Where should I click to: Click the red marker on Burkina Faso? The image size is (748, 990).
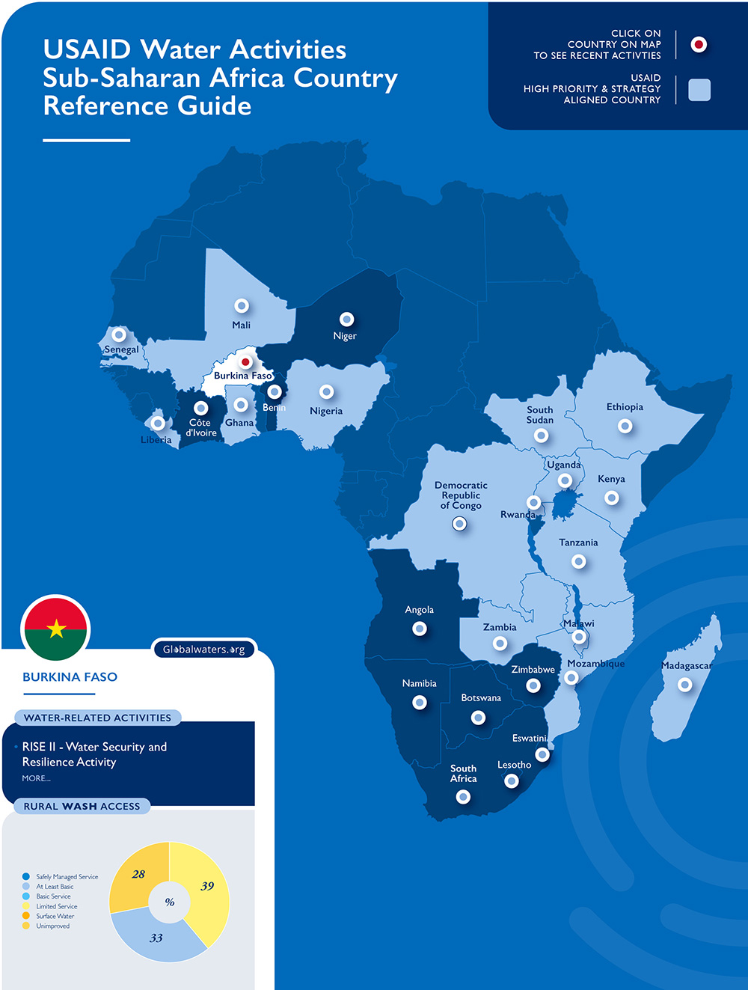point(245,362)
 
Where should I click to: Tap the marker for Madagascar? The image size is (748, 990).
point(684,685)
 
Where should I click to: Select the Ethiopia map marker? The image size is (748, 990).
point(625,426)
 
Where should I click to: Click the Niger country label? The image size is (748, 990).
point(345,336)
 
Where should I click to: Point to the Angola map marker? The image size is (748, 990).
point(420,629)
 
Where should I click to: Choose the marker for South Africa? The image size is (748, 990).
point(463,797)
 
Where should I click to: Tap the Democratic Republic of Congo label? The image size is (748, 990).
point(461,495)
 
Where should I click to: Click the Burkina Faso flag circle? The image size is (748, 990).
point(56,629)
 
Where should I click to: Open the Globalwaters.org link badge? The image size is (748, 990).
point(204,650)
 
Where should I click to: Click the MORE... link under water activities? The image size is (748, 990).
point(36,778)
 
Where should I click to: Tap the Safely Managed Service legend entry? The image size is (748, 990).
point(67,876)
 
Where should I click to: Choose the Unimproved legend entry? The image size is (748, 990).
point(52,926)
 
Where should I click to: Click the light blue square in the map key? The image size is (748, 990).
point(699,90)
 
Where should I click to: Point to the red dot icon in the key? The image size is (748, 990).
point(699,45)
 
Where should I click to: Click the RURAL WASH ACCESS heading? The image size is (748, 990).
point(82,806)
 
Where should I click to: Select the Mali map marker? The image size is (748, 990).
point(241,306)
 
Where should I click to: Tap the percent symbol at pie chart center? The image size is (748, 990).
point(170,902)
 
